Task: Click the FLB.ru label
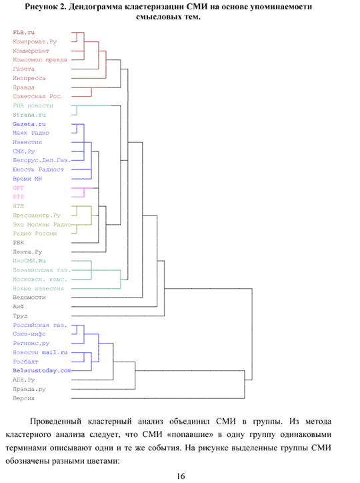[x=24, y=32]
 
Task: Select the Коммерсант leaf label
[x=31, y=51]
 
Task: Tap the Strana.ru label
[x=29, y=115]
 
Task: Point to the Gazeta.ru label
[x=29, y=124]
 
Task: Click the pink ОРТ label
[x=18, y=188]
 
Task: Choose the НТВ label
[x=18, y=206]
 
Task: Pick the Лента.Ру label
[x=27, y=252]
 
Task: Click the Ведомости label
[x=29, y=298]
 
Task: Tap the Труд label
[x=20, y=316]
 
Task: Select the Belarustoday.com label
[x=42, y=370]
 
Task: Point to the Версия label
[x=24, y=398]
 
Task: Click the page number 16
[x=181, y=476]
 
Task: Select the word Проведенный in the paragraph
[x=56, y=422]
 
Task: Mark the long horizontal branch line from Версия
[x=158, y=398]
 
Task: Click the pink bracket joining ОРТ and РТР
[x=84, y=193]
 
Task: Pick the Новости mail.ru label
[x=40, y=352]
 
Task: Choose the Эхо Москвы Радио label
[x=42, y=225]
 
